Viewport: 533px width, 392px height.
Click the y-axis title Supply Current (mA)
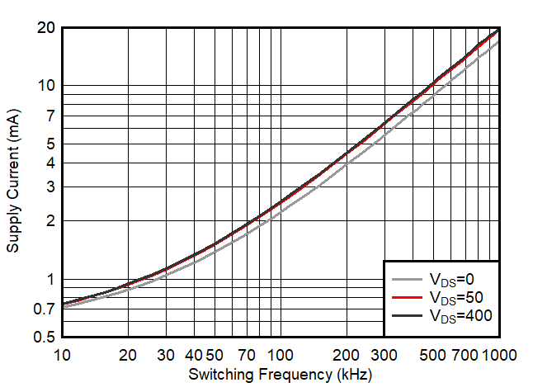(x=13, y=182)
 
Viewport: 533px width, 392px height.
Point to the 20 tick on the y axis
(x=45, y=27)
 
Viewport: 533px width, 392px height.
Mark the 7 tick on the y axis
(x=50, y=116)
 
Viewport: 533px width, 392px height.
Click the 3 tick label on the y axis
(x=50, y=187)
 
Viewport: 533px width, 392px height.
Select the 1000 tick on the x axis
(x=499, y=355)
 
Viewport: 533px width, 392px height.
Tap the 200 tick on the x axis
(x=347, y=355)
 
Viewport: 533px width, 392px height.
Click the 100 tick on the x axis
(x=281, y=355)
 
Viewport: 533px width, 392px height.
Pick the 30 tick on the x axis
(x=166, y=355)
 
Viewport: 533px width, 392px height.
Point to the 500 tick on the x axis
(x=434, y=355)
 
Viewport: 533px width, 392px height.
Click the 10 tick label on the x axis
(x=62, y=355)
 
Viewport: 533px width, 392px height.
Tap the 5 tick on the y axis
(x=50, y=144)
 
